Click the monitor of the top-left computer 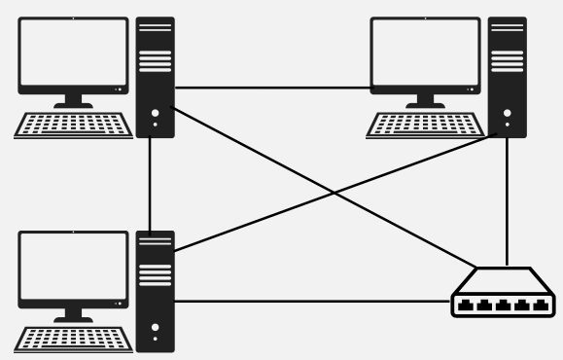click(73, 54)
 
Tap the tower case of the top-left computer click(155, 76)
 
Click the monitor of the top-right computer click(425, 54)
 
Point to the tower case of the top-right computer click(507, 76)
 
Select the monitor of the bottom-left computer click(73, 269)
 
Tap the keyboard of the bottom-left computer click(75, 340)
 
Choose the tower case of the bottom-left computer click(155, 290)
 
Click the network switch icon click(505, 293)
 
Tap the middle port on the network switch click(505, 305)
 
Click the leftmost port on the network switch click(466, 305)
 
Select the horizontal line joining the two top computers click(272, 89)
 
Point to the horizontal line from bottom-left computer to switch click(311, 302)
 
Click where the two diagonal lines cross click(334, 194)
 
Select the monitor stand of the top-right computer click(425, 98)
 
